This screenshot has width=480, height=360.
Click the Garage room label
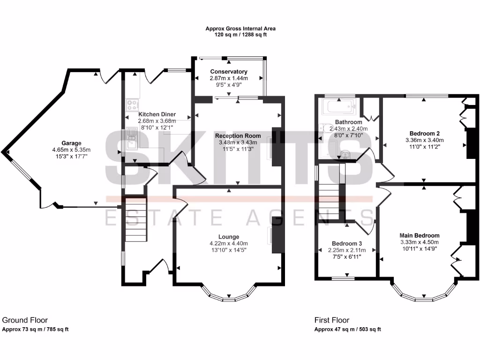click(x=71, y=143)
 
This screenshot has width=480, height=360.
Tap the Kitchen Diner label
click(x=157, y=114)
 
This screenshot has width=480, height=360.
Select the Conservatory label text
click(x=229, y=72)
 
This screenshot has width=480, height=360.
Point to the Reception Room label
click(x=238, y=136)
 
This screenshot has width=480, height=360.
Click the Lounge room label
click(x=228, y=237)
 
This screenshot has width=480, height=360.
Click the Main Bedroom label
click(x=419, y=235)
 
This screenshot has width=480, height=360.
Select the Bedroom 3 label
click(x=347, y=243)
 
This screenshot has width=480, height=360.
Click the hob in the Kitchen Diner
click(x=132, y=105)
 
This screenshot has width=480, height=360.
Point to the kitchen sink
click(x=131, y=139)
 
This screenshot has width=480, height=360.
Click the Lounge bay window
click(x=228, y=295)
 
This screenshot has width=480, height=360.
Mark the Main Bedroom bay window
click(x=423, y=296)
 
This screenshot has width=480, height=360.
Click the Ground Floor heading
click(x=25, y=320)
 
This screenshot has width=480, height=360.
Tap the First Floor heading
click(x=331, y=320)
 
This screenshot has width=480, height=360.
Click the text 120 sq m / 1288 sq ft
click(x=240, y=35)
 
